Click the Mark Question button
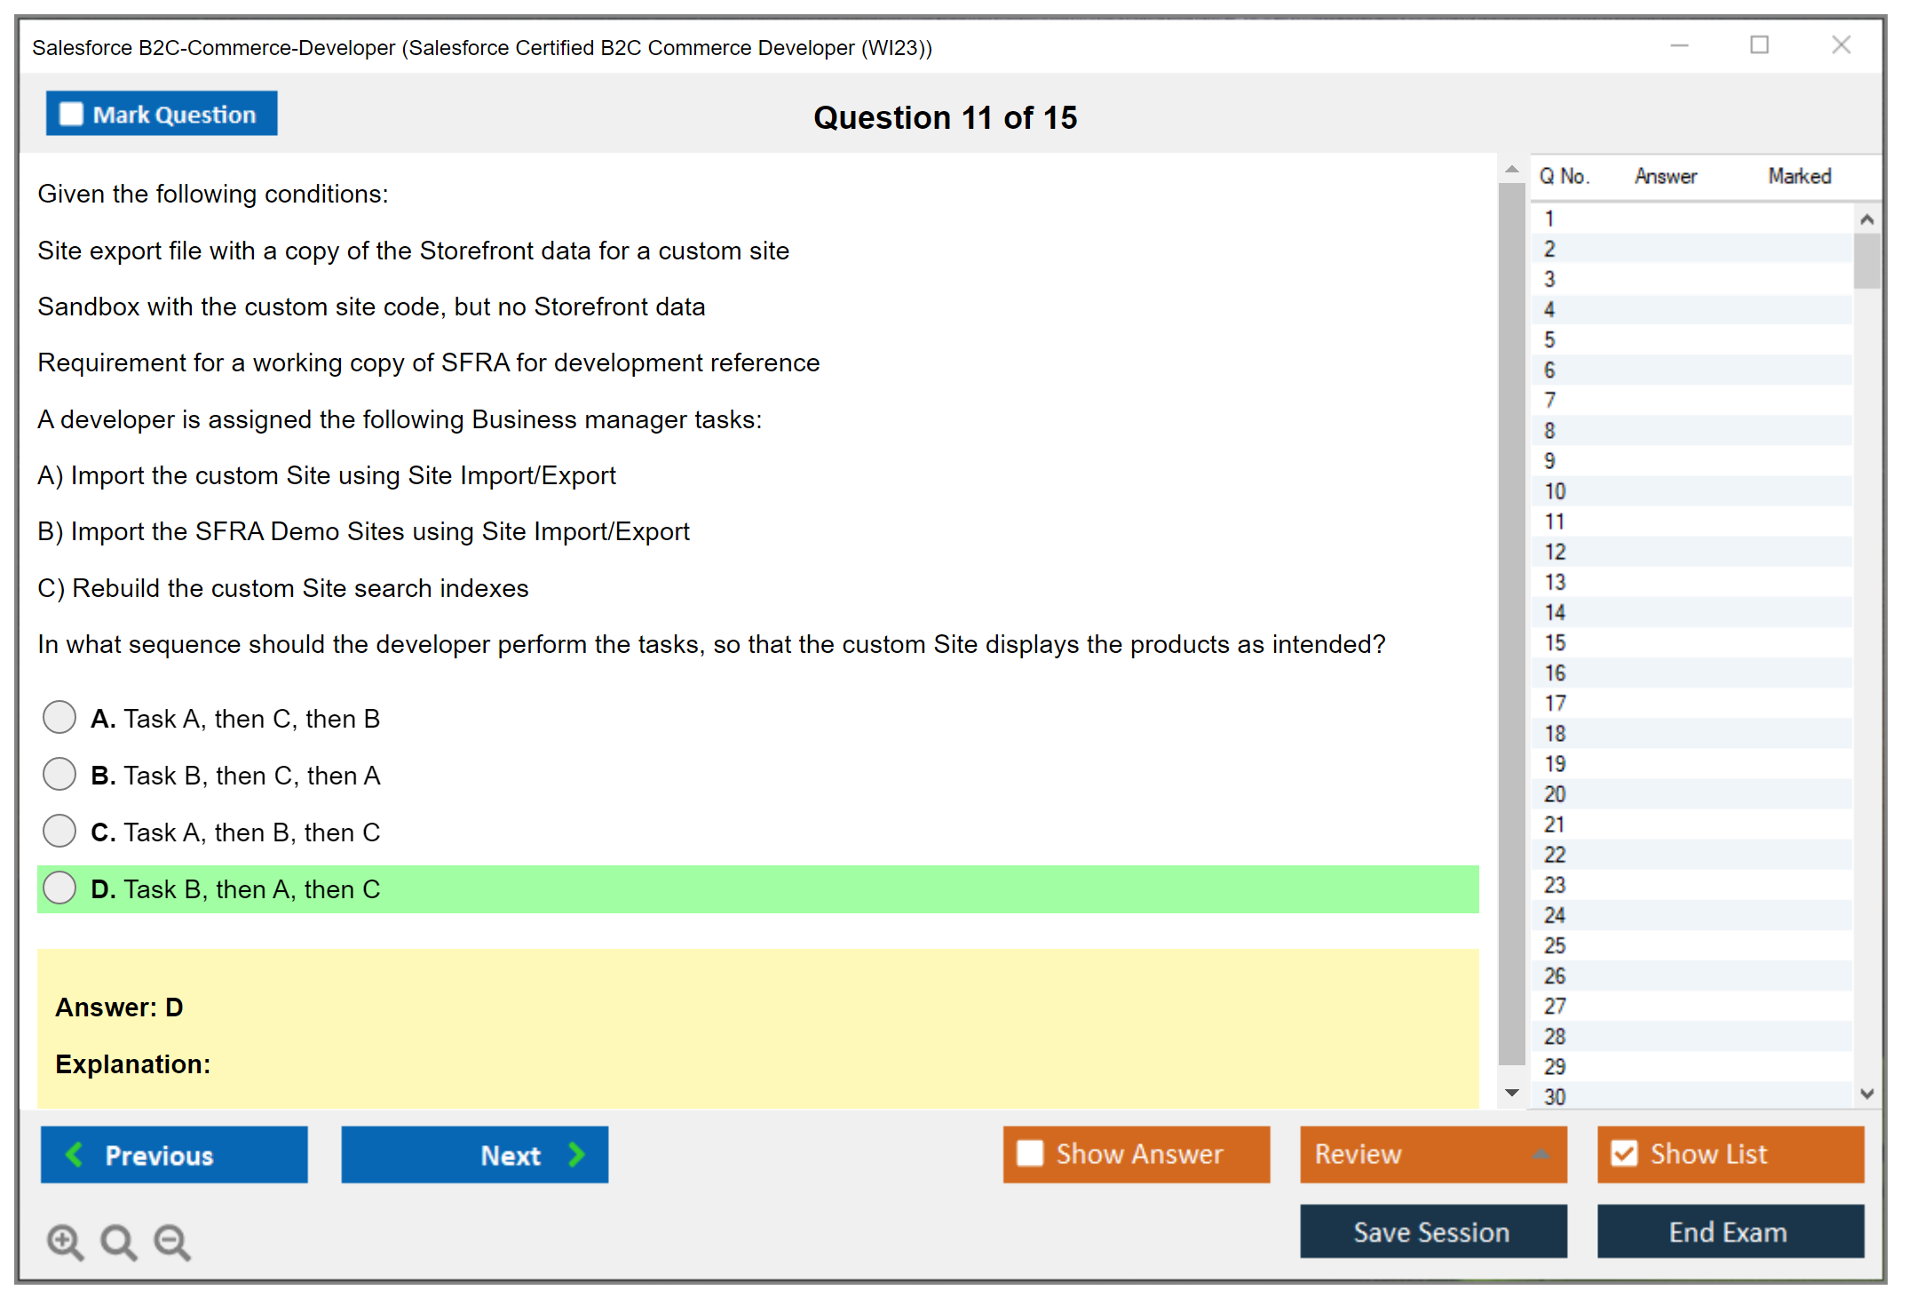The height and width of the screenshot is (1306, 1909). click(x=162, y=114)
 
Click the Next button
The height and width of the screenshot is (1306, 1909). click(x=475, y=1154)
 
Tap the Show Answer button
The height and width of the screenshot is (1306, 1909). click(x=1137, y=1154)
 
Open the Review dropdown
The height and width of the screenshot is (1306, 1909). click(x=1433, y=1154)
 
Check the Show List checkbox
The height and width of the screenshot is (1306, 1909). click(x=1624, y=1153)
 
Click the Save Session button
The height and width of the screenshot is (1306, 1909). click(x=1433, y=1231)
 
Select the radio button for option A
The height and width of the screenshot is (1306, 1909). click(x=59, y=717)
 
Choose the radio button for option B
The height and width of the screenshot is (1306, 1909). click(x=59, y=774)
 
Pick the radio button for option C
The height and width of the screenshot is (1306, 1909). click(x=59, y=831)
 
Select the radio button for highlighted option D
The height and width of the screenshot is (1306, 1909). click(x=59, y=888)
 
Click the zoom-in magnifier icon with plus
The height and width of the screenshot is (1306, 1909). click(x=66, y=1241)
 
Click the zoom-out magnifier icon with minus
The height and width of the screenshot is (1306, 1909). click(x=172, y=1241)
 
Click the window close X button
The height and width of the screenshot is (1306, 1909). click(x=1841, y=44)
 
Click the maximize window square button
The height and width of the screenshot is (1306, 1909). click(x=1759, y=44)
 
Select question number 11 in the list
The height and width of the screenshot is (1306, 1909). click(x=1555, y=522)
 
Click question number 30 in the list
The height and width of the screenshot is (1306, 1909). click(x=1555, y=1097)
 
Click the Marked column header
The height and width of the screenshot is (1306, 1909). click(x=1800, y=176)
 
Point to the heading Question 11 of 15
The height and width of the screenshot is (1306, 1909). click(x=946, y=117)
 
